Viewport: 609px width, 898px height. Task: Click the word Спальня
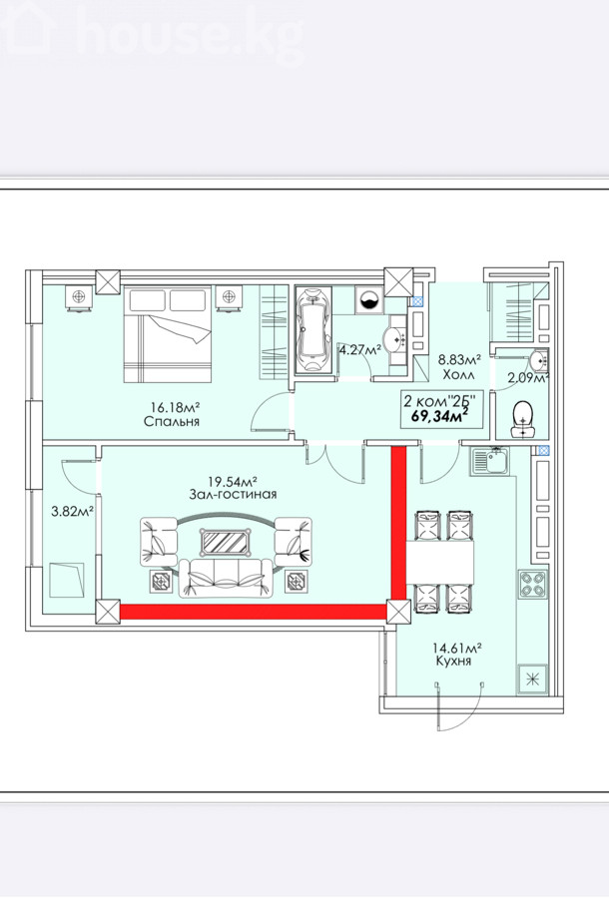(172, 421)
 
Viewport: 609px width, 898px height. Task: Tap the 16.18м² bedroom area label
(175, 407)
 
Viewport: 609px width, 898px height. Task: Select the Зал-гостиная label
(233, 494)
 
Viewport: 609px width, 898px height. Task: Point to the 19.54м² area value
(232, 481)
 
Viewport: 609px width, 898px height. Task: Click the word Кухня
(452, 662)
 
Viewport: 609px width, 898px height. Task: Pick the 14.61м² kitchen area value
(456, 648)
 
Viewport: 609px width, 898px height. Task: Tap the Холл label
(458, 375)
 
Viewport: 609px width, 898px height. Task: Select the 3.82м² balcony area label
(73, 512)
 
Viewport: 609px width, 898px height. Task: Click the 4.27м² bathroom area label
(359, 349)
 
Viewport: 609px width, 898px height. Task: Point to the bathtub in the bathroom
(312, 330)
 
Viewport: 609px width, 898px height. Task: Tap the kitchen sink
(490, 462)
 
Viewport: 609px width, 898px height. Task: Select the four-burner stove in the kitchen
(533, 584)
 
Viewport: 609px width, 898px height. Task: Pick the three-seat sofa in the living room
(226, 578)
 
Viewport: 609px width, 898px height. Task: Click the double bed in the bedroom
(168, 334)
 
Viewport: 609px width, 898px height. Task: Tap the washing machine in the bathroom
(367, 299)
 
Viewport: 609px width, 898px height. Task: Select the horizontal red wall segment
(254, 612)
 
